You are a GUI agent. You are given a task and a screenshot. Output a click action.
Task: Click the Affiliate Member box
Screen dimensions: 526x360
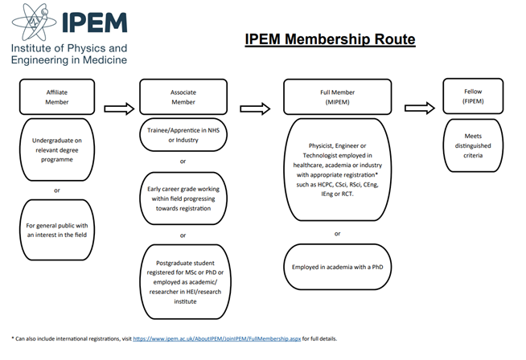57,97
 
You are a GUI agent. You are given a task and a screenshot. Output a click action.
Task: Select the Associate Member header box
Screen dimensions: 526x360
183,97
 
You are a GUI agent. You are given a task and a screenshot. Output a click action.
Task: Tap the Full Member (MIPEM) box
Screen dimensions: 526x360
338,97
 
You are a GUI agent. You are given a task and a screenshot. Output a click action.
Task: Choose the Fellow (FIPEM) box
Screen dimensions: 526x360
473,96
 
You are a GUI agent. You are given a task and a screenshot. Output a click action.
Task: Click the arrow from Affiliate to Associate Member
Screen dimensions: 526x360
119,108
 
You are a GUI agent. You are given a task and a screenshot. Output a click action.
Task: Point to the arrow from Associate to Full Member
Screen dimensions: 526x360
255,108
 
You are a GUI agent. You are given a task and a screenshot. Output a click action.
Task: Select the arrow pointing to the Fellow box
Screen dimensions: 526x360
420,108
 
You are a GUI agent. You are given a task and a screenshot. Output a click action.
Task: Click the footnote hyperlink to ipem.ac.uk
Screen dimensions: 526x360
216,338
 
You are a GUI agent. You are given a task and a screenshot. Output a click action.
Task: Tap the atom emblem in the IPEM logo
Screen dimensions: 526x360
35,22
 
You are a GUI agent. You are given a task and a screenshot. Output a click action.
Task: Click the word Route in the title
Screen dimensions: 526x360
395,39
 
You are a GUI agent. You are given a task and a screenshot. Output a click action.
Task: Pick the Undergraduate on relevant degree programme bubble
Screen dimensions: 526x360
57,149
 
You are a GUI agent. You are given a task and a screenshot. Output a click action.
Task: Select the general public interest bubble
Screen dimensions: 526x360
57,230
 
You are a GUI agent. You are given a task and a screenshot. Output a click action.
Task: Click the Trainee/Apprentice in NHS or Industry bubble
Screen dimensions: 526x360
183,135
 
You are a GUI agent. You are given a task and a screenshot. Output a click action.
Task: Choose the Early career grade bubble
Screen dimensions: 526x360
183,198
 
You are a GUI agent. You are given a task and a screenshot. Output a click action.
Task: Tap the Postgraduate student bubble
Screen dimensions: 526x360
185,282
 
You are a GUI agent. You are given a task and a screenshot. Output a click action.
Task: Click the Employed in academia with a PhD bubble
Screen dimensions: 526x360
338,267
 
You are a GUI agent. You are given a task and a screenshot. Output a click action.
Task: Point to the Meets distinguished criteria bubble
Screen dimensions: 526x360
473,145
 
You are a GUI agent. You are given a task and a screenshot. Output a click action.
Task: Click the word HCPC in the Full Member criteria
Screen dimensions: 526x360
325,184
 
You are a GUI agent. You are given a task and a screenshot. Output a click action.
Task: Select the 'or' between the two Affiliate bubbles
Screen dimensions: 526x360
57,190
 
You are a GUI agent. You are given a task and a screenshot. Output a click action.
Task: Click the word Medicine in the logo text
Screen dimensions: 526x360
105,59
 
